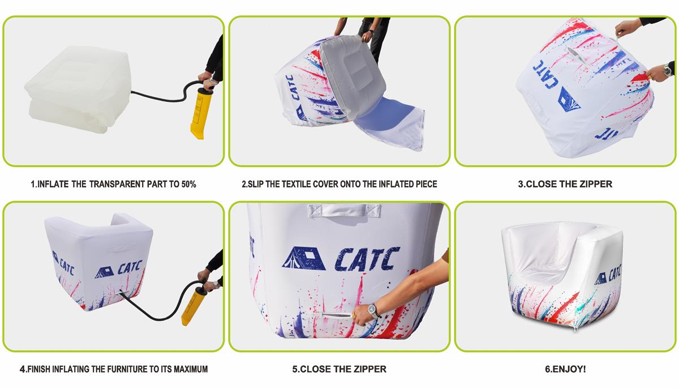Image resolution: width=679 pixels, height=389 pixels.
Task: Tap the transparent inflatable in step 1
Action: [x=78, y=89]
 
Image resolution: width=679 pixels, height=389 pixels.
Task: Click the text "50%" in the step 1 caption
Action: [x=188, y=184]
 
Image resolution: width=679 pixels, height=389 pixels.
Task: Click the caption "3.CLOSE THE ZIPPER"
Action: [x=565, y=184]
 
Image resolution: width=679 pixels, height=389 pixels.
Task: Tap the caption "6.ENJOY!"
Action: [x=565, y=369]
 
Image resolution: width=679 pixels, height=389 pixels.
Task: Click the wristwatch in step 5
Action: [x=373, y=311]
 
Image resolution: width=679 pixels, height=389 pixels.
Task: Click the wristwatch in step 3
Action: [x=667, y=70]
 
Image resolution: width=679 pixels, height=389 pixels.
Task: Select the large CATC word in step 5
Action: [x=367, y=259]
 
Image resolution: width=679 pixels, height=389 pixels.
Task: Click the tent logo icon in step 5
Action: [x=304, y=258]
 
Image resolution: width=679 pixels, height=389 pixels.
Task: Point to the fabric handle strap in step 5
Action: [x=344, y=210]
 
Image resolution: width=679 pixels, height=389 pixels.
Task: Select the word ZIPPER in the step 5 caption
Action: [x=369, y=369]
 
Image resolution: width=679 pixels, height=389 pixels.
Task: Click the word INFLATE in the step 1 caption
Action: [x=53, y=184]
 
